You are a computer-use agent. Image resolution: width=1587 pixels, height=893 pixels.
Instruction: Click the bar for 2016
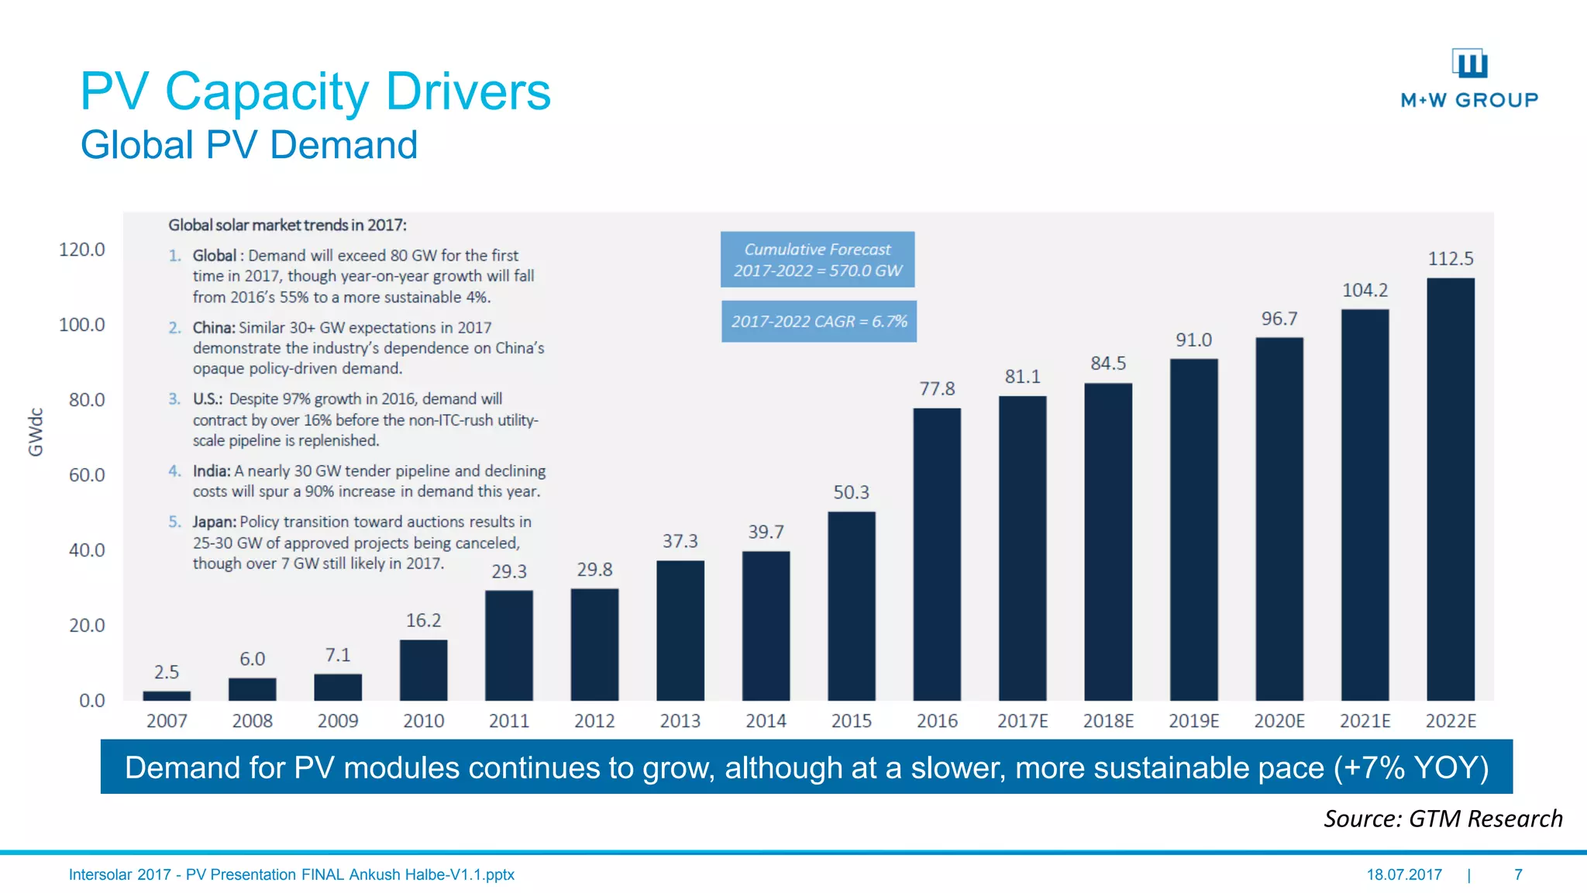pos(937,554)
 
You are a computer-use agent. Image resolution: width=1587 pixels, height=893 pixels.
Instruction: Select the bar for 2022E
pos(1451,489)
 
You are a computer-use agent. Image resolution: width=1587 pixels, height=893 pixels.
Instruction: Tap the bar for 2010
pos(423,670)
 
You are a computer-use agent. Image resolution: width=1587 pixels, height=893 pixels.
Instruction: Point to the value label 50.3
pos(851,492)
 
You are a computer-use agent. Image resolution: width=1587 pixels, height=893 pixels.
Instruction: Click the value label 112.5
pos(1451,258)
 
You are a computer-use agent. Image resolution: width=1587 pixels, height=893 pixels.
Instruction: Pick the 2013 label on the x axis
pos(680,721)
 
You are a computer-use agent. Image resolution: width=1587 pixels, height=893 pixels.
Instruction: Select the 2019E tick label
pos(1193,721)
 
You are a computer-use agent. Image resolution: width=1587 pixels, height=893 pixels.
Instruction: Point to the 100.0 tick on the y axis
pos(82,325)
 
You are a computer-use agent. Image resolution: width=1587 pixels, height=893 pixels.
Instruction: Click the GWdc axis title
pos(36,432)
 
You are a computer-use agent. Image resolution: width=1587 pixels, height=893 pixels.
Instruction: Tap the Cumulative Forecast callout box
pos(818,260)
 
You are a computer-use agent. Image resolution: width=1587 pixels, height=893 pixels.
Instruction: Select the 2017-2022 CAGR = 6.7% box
pos(819,321)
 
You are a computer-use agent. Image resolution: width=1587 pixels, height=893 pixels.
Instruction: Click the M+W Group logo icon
pos(1469,64)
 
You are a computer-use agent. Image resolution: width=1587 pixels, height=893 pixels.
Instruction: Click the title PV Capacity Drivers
pos(315,91)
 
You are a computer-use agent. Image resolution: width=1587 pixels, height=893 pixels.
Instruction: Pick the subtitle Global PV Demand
pos(249,145)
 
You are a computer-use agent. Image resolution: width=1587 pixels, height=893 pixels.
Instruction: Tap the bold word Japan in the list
pos(214,522)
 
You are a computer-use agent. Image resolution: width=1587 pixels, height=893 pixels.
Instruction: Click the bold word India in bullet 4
pos(211,471)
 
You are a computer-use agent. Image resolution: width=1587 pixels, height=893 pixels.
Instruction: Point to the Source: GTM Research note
pos(1443,819)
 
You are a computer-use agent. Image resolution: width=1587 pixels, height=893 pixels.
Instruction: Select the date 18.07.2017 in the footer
pos(1404,874)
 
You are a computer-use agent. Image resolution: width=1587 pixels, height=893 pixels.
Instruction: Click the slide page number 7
pos(1518,874)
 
